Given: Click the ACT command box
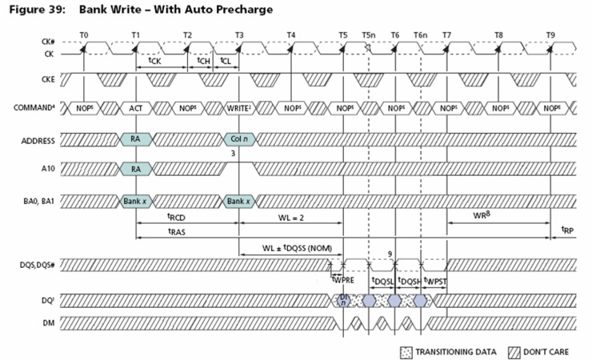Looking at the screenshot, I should pyautogui.click(x=135, y=106).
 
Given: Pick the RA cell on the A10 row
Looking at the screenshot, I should pyautogui.click(x=135, y=169).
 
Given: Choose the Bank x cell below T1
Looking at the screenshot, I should pyautogui.click(x=135, y=200).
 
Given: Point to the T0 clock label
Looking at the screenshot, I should pyautogui.click(x=85, y=34).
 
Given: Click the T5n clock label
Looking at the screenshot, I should pyautogui.click(x=368, y=34).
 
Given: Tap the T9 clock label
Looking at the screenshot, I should pyautogui.click(x=550, y=34).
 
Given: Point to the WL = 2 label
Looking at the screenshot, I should pyautogui.click(x=290, y=216).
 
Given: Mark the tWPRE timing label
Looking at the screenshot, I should pyautogui.click(x=342, y=280).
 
